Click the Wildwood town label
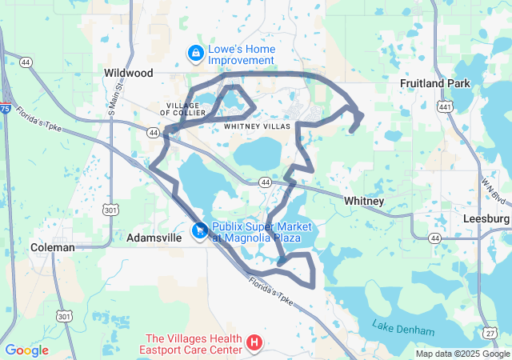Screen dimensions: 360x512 [x=128, y=73]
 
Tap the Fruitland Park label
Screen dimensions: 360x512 [x=434, y=83]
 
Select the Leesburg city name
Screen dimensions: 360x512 [x=486, y=218]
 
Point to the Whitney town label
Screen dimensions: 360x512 [x=364, y=201]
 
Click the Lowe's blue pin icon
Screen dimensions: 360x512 [x=194, y=54]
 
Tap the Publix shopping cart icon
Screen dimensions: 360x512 [x=198, y=232]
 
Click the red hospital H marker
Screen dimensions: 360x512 [x=254, y=343]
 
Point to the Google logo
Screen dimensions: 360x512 [x=26, y=350]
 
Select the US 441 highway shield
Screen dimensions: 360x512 [x=446, y=106]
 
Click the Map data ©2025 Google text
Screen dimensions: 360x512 [x=462, y=354]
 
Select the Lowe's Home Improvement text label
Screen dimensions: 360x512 [x=241, y=54]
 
